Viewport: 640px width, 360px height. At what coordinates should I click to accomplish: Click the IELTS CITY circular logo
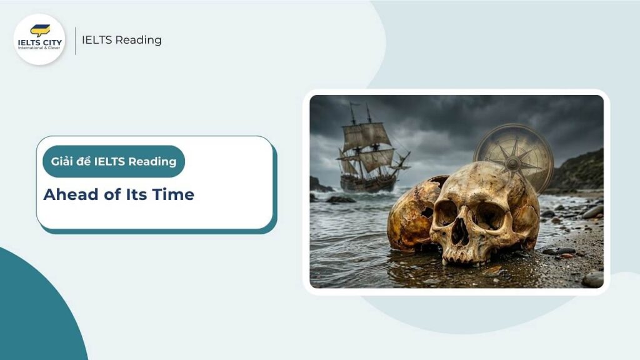(x=39, y=39)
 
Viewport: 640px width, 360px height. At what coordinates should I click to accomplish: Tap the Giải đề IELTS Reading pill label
(x=114, y=161)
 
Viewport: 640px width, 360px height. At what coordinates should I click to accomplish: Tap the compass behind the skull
(x=514, y=154)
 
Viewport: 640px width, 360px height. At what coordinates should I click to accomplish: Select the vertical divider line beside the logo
(x=75, y=40)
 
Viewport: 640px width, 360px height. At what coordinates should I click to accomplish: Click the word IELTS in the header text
(x=97, y=40)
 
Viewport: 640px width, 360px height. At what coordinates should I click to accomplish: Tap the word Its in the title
(x=139, y=194)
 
